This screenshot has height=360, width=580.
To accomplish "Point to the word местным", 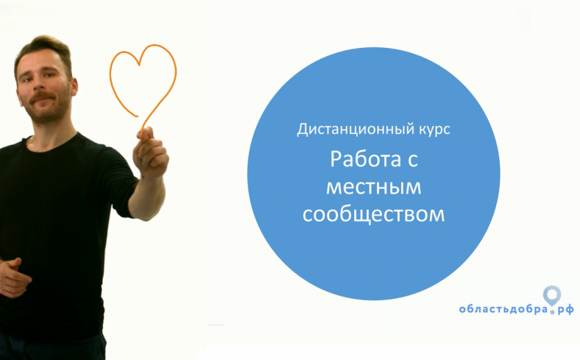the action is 374,187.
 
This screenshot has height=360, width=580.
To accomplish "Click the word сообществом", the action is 374,214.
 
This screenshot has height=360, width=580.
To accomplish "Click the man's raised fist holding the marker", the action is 151,151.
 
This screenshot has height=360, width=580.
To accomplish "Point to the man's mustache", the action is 43,98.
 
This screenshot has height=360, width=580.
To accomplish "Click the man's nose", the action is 40,83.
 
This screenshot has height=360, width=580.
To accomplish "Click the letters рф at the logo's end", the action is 566,310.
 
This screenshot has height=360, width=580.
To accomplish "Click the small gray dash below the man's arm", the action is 216,325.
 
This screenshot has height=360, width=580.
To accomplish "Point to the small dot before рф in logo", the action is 553,313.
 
